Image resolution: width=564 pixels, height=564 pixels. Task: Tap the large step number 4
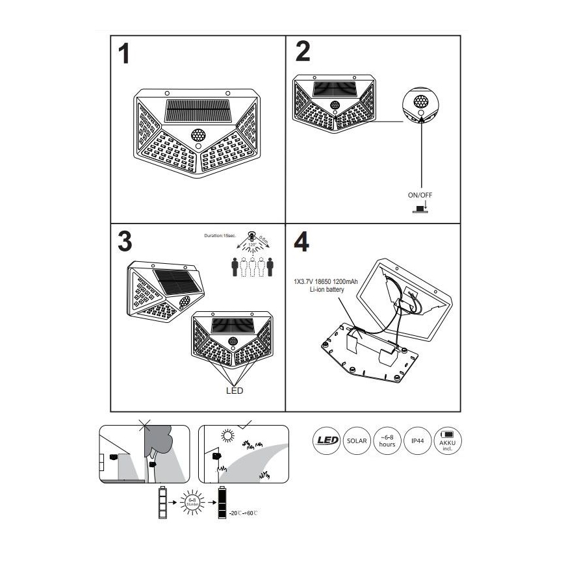coord(302,241)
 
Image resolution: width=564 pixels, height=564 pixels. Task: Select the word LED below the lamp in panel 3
coord(235,391)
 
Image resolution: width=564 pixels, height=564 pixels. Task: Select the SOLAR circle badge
coord(357,442)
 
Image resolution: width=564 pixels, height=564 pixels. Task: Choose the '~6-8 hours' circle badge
coord(387,442)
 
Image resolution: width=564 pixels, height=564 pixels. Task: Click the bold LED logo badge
coord(327,442)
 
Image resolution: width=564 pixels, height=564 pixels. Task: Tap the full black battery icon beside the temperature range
coord(223,502)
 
